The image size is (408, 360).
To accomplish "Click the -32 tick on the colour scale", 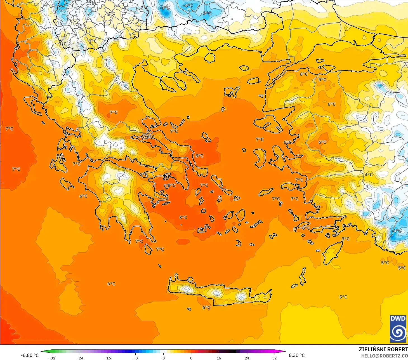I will click(x=52, y=358).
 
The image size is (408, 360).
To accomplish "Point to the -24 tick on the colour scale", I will click(x=80, y=358).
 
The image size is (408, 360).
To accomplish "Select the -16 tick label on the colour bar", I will click(x=108, y=358).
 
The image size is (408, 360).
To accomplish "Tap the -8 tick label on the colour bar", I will click(x=136, y=358).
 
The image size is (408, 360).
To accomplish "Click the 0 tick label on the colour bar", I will click(x=164, y=358).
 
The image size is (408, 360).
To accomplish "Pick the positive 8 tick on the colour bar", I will click(x=191, y=358).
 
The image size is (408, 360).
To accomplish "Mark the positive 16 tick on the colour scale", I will click(x=219, y=358).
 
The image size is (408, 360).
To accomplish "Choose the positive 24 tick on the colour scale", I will click(x=247, y=358).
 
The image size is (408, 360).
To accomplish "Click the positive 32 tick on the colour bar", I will click(x=274, y=358).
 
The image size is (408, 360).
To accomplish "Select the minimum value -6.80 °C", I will click(x=30, y=355).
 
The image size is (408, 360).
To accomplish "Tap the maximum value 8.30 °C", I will click(x=297, y=355).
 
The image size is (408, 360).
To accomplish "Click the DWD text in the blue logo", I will click(x=398, y=319).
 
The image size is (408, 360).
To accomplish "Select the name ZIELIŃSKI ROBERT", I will click(x=383, y=349).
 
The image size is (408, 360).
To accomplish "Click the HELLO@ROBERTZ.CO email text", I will click(x=385, y=356).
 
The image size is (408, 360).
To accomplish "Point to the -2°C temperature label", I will click(x=145, y=8).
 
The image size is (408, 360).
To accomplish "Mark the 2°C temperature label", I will click(x=111, y=13).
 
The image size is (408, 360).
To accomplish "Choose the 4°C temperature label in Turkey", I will click(x=369, y=175).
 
